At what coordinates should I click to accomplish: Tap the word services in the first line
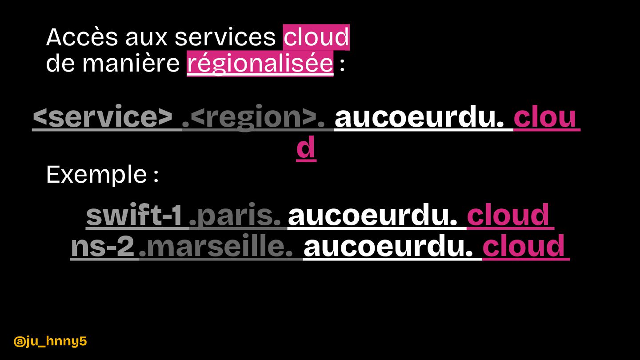(x=225, y=37)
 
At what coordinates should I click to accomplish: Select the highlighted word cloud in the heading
(x=316, y=37)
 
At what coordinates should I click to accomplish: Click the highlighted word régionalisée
(x=260, y=64)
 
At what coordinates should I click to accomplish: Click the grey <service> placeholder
(x=103, y=118)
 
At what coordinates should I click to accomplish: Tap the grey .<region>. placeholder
(x=258, y=118)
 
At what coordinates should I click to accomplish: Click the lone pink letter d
(x=306, y=148)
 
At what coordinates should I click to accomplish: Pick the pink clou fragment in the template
(x=545, y=118)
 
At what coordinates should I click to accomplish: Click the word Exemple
(x=96, y=175)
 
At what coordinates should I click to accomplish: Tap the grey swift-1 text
(x=134, y=216)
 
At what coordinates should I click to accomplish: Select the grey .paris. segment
(x=238, y=216)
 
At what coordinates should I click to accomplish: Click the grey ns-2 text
(x=103, y=247)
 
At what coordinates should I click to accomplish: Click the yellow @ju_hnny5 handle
(x=50, y=341)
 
